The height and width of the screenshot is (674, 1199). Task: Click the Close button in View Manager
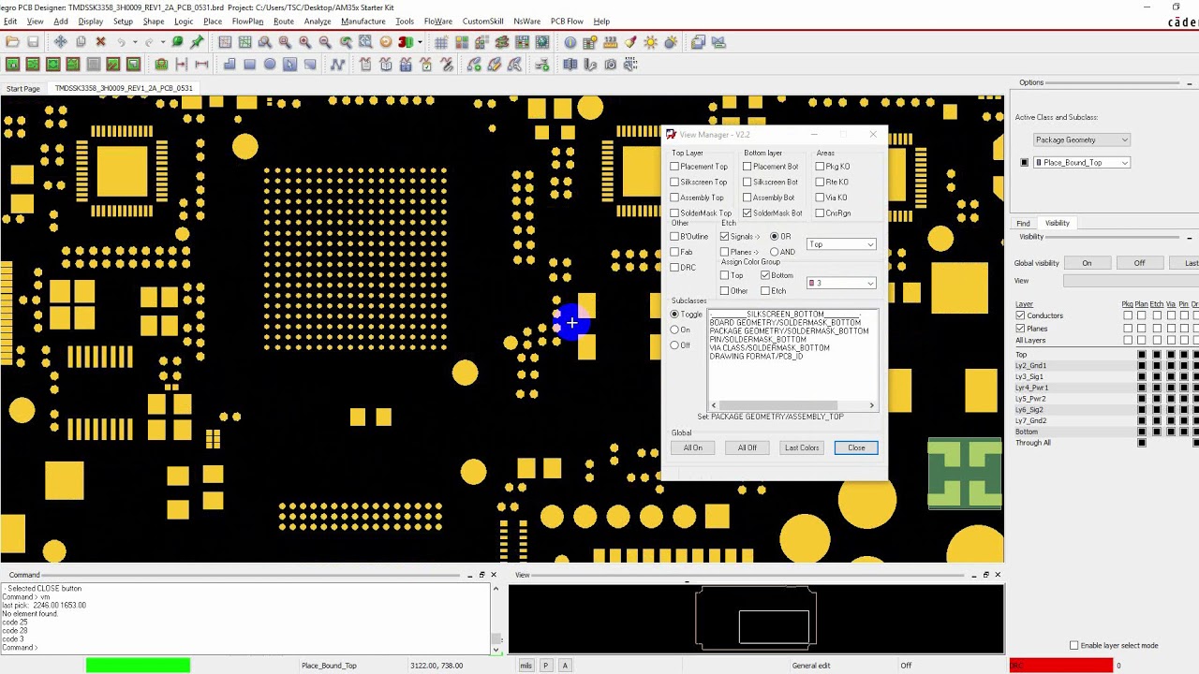[856, 447]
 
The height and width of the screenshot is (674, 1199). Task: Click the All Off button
[747, 447]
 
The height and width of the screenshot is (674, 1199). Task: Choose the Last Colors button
[801, 447]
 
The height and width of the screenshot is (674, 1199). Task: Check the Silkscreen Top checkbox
[674, 182]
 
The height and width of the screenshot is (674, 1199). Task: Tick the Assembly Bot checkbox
[748, 198]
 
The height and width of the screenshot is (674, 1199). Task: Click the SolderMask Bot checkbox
[748, 213]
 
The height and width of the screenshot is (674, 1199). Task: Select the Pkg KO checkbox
[820, 167]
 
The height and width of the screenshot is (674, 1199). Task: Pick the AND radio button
[775, 252]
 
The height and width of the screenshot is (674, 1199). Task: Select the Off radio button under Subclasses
[674, 345]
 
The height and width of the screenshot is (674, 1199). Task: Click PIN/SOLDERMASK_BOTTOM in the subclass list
[757, 340]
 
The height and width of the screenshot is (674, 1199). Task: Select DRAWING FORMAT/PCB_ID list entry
[755, 357]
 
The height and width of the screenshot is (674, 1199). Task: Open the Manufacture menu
[363, 22]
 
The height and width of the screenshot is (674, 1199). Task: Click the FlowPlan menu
[247, 22]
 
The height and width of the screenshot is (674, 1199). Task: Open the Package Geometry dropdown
[1081, 139]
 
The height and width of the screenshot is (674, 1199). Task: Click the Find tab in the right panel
[1023, 223]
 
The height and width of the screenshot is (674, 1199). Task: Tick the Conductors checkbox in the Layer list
[1020, 315]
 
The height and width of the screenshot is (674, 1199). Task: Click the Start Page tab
[23, 88]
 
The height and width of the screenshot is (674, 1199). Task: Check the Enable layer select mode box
[1073, 646]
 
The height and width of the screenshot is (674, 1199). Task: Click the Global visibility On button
[1087, 263]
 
